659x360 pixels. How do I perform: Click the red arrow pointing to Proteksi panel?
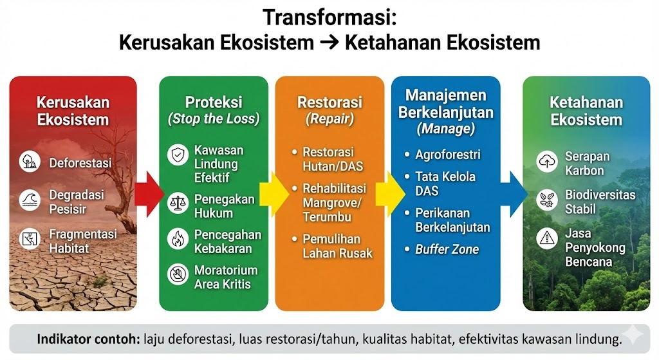[x=149, y=194]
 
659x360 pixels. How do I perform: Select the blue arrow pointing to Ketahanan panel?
[x=514, y=194]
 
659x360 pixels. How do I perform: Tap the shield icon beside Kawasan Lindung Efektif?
[x=178, y=155]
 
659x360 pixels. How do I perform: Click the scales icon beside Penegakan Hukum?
[x=178, y=203]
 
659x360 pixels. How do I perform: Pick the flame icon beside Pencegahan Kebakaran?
[x=178, y=239]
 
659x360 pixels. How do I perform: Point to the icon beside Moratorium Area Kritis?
[x=178, y=274]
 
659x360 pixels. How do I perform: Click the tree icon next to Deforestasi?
[x=30, y=162]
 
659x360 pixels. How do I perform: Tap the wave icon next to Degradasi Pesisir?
[x=30, y=200]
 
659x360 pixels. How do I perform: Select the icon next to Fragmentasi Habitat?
[x=30, y=239]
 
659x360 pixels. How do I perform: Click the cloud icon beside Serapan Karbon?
[x=547, y=162]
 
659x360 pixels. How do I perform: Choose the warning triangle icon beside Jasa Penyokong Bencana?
[x=547, y=238]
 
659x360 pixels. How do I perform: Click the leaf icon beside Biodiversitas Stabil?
[x=547, y=200]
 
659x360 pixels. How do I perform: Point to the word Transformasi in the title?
[x=329, y=18]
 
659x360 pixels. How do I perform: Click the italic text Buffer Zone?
[x=447, y=249]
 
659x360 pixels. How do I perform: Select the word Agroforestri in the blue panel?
[x=448, y=155]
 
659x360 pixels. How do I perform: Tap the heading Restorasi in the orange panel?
[x=329, y=102]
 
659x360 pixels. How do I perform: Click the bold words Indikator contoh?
[x=88, y=339]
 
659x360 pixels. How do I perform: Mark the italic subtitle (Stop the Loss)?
[x=214, y=119]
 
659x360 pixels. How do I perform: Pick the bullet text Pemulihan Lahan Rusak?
[x=337, y=247]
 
